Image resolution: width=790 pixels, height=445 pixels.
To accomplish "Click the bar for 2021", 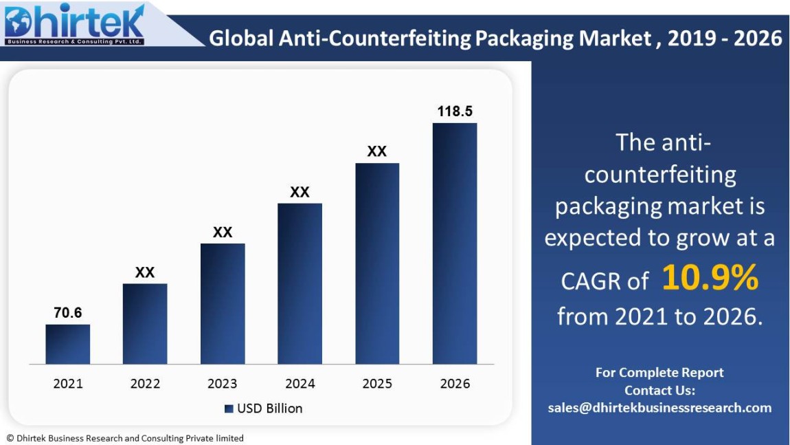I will pos(67,344).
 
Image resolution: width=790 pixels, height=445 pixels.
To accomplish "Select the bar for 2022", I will pos(145,323).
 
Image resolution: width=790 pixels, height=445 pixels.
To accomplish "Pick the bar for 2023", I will pos(223,303).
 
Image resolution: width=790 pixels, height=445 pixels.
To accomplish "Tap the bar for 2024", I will pos(300,283).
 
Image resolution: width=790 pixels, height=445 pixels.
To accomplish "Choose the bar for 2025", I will pos(377,263).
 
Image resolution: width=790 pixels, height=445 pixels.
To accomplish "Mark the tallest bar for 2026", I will pos(454,243).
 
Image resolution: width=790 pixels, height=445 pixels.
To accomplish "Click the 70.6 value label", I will pos(67,313).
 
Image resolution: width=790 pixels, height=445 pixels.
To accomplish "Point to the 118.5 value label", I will pos(455,111).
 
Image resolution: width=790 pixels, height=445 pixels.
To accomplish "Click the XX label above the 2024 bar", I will pos(300,192).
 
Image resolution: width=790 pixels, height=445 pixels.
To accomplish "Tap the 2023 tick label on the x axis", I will pos(223,384).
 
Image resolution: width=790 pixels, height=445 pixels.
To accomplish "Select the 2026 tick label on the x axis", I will pos(455,384).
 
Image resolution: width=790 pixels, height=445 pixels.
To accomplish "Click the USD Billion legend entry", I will pos(263,409).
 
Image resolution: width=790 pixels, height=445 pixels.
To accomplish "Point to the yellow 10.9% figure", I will pos(710,278).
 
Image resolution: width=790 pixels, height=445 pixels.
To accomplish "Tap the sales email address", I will pos(659,408).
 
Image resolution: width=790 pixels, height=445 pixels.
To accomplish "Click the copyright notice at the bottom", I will pos(125,438).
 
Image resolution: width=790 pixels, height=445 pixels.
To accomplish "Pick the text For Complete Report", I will pos(659,373).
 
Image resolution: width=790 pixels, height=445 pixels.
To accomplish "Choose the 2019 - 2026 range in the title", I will pos(725,38).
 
